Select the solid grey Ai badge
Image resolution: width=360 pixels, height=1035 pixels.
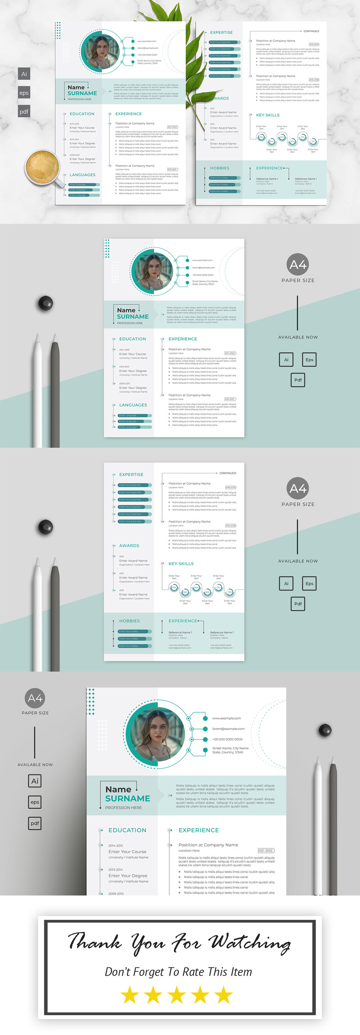coord(24,74)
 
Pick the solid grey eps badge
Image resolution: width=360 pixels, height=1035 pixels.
coord(24,93)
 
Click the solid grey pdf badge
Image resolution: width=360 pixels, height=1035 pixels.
coord(24,112)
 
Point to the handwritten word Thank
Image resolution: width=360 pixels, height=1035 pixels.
coord(94,941)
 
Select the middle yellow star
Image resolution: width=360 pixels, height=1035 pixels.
coord(177,995)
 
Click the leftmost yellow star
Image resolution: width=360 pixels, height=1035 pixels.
coord(130,995)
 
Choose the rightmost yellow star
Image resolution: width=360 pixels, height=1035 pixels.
coord(224,995)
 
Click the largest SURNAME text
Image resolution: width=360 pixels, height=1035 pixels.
coord(128,798)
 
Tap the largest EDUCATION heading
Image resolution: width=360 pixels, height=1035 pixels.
coord(127,830)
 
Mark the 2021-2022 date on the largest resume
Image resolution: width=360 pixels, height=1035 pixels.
coord(265,850)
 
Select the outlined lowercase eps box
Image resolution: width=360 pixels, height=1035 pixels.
coord(35,802)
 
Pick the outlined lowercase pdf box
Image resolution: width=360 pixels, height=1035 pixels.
coord(35,823)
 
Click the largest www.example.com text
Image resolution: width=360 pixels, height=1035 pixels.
coord(226,718)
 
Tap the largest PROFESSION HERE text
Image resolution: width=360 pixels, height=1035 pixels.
coord(123,808)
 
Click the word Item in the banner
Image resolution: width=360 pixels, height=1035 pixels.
coord(241,972)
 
